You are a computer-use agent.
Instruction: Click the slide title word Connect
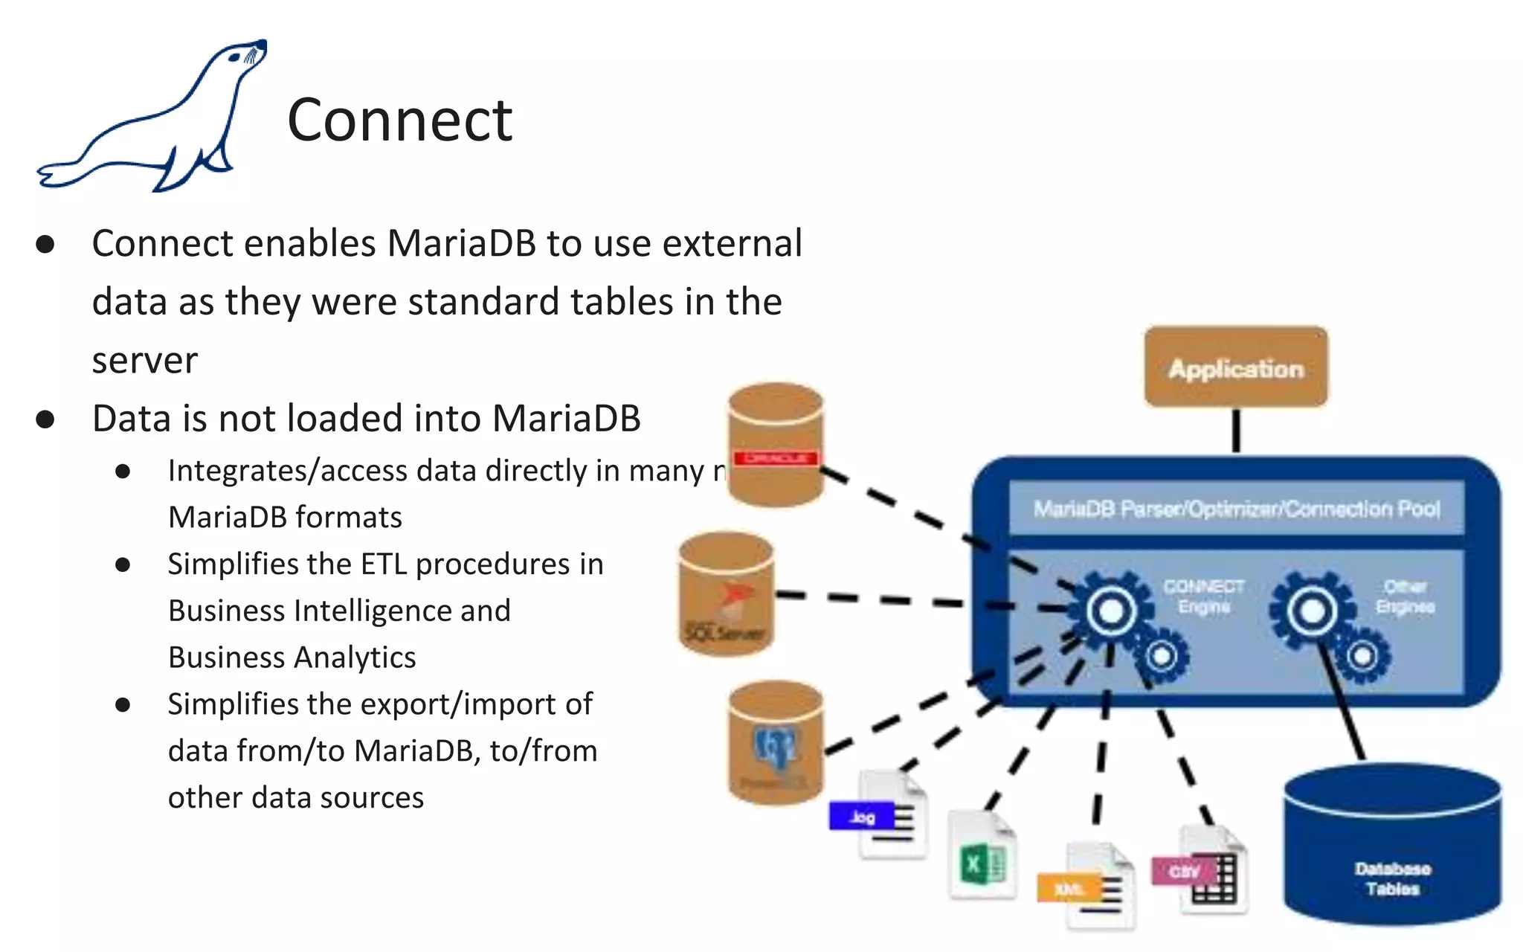tap(399, 120)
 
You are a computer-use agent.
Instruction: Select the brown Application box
tap(1236, 367)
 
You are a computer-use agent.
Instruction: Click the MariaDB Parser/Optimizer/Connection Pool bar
tap(1236, 509)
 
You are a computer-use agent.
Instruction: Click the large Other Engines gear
tap(1312, 611)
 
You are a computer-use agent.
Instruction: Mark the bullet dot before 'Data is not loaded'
tap(45, 419)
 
